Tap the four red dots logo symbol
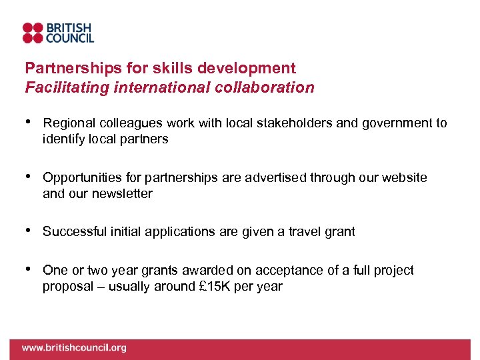pos(33,33)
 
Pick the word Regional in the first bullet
pos(69,123)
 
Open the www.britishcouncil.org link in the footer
pos(74,348)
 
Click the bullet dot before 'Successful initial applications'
pos(28,231)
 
